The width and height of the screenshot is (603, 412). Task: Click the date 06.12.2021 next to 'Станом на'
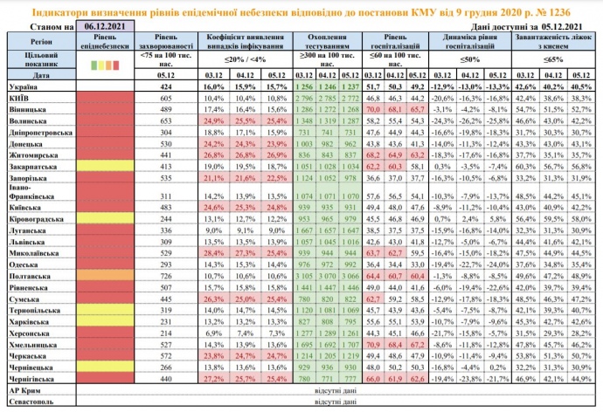tap(103, 28)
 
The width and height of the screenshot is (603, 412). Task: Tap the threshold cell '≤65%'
tap(558, 59)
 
